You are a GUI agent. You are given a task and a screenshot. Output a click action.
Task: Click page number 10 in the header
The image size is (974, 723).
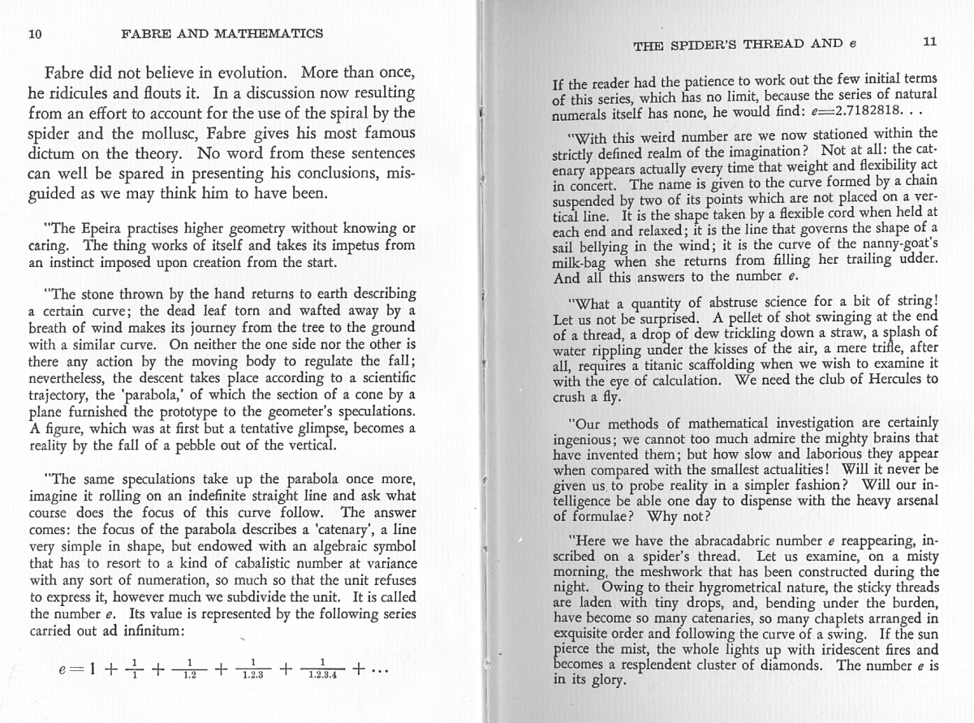coord(34,33)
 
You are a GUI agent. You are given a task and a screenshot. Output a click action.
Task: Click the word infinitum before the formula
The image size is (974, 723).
coord(147,630)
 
